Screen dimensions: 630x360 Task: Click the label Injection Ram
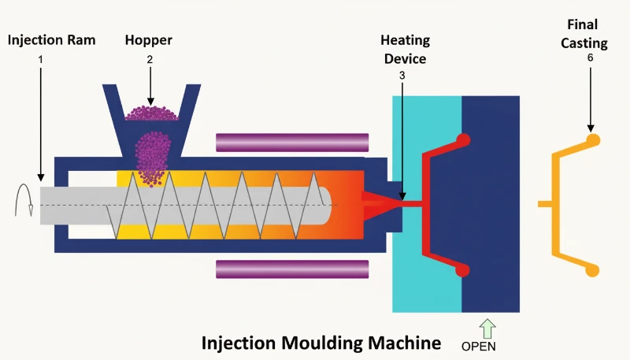pyautogui.click(x=51, y=40)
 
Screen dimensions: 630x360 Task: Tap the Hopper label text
pyautogui.click(x=149, y=41)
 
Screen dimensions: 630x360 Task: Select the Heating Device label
pyautogui.click(x=405, y=50)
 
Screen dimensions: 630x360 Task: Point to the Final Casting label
pyautogui.click(x=584, y=34)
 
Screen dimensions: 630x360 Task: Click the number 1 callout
pyautogui.click(x=40, y=59)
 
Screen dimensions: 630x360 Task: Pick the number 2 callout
pyautogui.click(x=150, y=59)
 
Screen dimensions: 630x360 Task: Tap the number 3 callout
pyautogui.click(x=402, y=76)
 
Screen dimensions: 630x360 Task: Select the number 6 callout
pyautogui.click(x=590, y=58)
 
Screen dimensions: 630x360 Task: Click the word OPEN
pyautogui.click(x=479, y=347)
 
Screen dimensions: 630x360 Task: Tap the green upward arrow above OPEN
pyautogui.click(x=487, y=328)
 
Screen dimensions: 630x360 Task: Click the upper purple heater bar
pyautogui.click(x=292, y=143)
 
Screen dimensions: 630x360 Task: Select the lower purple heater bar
pyautogui.click(x=292, y=269)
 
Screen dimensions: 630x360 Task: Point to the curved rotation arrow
pyautogui.click(x=24, y=200)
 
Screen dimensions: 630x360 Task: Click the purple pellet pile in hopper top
pyautogui.click(x=151, y=113)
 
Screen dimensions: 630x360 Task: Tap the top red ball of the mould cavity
pyautogui.click(x=463, y=140)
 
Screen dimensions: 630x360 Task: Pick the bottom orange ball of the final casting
pyautogui.click(x=592, y=270)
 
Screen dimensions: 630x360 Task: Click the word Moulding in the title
pyautogui.click(x=321, y=343)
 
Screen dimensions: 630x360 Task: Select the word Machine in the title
pyautogui.click(x=404, y=343)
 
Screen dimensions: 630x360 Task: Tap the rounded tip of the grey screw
pyautogui.click(x=328, y=206)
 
